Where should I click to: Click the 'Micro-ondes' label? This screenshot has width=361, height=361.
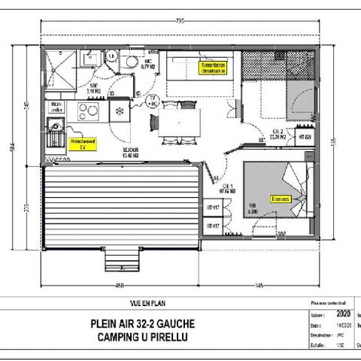click(x=56, y=105)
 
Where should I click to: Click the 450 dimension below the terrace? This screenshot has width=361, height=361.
click(x=119, y=285)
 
